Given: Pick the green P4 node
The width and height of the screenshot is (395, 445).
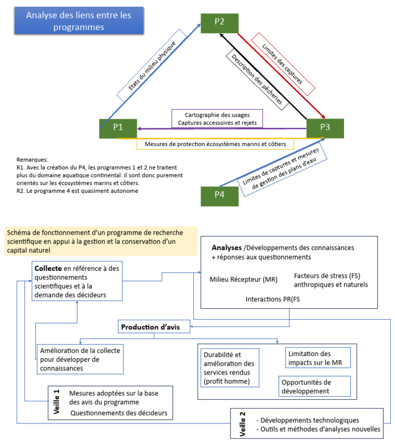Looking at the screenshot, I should click(219, 195).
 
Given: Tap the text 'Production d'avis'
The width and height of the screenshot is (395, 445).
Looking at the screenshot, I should click(154, 326).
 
